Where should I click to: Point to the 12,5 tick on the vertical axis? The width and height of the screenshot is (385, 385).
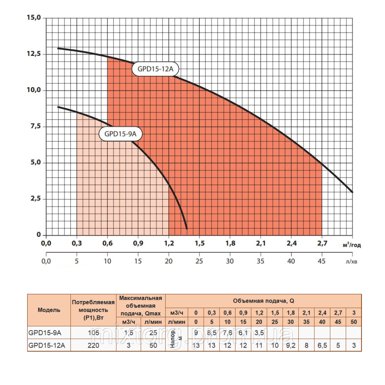33,54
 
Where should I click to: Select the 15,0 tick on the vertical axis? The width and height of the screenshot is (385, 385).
33,18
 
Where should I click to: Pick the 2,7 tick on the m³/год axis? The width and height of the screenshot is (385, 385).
322,243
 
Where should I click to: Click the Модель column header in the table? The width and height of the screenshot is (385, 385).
49,310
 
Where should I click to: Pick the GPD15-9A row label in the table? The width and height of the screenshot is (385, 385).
44,333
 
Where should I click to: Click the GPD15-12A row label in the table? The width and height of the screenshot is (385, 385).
47,345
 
